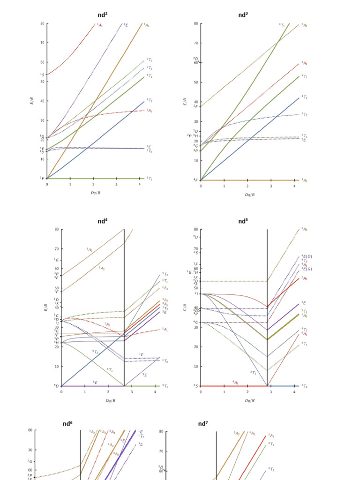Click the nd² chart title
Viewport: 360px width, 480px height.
pos(102,15)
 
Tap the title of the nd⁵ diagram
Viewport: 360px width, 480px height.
pos(243,221)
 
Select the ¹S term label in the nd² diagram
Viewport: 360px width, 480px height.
pos(42,75)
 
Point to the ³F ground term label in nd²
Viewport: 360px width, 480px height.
pos(42,179)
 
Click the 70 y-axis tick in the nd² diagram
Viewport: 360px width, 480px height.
pos(42,43)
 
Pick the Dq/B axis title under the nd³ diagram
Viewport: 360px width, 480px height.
pos(249,194)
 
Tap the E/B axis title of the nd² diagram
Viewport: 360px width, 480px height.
pos(32,101)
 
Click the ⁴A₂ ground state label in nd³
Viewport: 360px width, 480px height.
pos(304,180)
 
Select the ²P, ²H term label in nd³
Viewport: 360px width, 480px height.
pos(193,136)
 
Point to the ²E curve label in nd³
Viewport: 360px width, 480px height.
pos(304,140)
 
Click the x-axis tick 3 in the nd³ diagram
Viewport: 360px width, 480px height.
pos(270,186)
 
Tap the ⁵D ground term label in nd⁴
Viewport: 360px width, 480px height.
pos(56,386)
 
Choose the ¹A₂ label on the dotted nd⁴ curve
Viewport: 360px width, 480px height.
pos(101,268)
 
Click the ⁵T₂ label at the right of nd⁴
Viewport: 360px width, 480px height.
pos(165,274)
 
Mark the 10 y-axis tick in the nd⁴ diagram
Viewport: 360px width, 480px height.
pos(56,367)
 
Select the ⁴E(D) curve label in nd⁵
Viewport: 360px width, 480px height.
pos(307,256)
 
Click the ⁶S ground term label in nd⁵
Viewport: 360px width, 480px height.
pos(195,386)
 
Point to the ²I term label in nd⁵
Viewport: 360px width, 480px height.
pos(196,293)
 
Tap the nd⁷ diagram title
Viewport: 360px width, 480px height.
pos(202,424)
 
